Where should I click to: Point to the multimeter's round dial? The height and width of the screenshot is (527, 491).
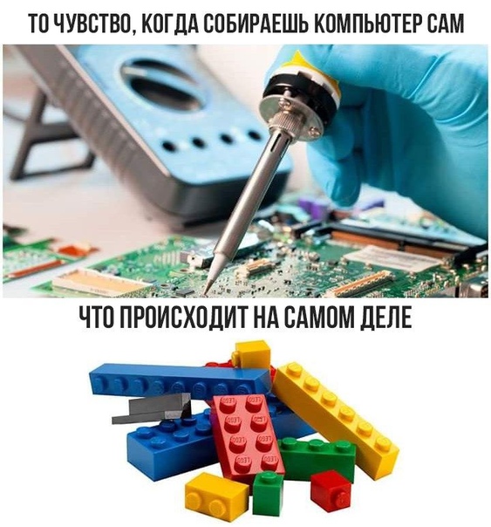(161, 87)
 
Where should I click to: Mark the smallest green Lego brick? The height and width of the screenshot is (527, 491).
(268, 493)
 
